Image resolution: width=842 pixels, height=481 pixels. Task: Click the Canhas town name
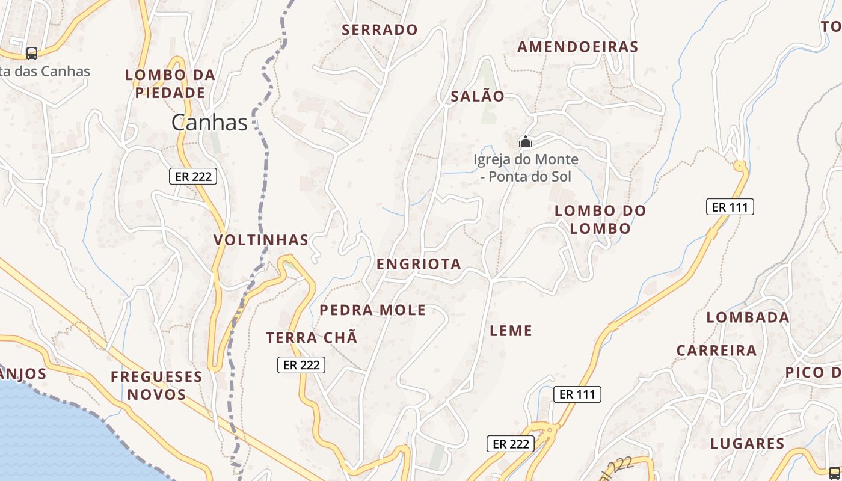209,123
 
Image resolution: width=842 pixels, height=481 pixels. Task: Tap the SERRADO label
380,29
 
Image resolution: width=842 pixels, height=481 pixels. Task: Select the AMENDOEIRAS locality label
577,47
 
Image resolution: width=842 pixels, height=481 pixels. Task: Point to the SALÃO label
478,96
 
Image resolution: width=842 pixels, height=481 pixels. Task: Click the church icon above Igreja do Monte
526,142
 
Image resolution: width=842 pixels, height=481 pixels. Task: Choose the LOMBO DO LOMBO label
600,219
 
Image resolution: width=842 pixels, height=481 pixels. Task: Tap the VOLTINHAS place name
261,240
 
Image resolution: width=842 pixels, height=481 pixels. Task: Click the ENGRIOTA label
419,264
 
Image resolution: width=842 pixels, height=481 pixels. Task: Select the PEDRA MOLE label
372,310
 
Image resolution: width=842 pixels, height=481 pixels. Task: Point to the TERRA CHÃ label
312,338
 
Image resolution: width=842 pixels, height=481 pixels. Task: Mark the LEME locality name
511,331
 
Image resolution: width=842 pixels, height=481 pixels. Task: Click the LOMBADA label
748,317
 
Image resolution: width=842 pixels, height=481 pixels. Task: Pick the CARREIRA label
716,351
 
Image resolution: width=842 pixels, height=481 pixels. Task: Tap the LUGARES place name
748,444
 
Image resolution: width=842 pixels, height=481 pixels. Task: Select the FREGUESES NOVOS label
156,385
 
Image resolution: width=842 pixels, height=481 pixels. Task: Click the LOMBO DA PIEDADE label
170,84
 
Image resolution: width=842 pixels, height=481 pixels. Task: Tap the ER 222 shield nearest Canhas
192,176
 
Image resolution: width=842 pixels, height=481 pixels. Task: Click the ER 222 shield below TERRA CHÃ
301,365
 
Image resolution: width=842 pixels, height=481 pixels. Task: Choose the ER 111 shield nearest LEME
577,394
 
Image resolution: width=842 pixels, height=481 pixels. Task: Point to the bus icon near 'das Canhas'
32,54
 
